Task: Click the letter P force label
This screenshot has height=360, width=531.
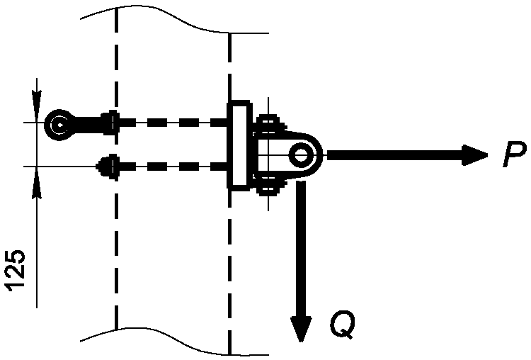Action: coord(515,154)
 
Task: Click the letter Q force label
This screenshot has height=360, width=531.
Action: coord(343,325)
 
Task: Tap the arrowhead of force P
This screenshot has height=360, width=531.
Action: coord(475,155)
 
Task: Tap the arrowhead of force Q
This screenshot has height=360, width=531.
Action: coord(301,329)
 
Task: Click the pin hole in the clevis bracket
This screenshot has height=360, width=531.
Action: coord(300,155)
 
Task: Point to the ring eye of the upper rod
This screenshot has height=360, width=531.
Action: coord(59,125)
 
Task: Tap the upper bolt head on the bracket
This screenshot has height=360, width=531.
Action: coord(268,122)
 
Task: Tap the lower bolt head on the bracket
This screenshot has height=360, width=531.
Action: coord(268,188)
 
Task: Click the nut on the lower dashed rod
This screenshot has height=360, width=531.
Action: coord(108,166)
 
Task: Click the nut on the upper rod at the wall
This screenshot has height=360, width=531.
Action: coord(110,123)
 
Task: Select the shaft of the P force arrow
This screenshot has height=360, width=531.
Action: coord(395,155)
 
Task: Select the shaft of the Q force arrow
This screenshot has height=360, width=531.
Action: coord(301,249)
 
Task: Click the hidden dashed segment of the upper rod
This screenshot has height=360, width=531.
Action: coord(173,122)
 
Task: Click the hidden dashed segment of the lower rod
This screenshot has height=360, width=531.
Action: coord(173,167)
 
